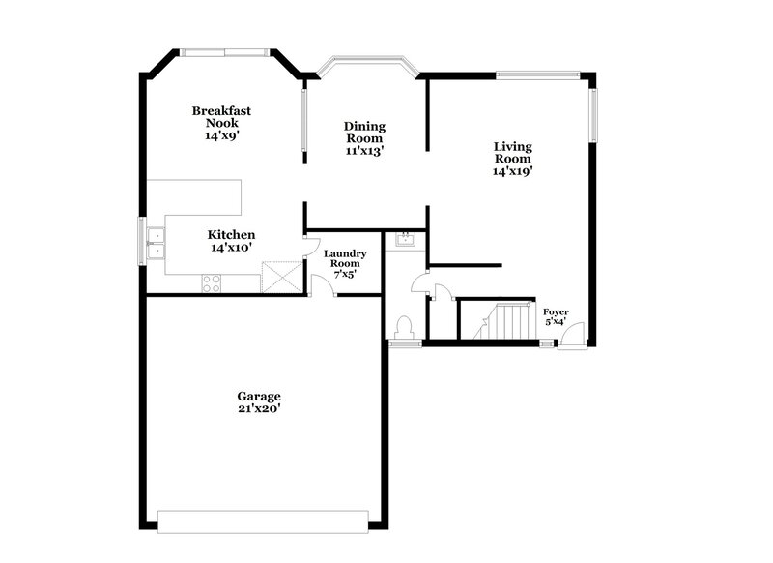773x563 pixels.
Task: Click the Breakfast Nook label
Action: tap(220, 117)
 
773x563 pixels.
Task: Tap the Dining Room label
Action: tap(364, 133)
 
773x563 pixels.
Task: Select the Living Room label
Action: tap(513, 153)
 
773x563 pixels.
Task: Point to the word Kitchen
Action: tap(232, 235)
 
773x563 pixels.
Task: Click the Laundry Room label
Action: tap(344, 259)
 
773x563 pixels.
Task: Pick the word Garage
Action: tap(259, 397)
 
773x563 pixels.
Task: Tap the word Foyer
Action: tap(556, 311)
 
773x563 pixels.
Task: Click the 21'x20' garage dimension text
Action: tap(259, 410)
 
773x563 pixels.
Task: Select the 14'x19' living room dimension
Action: tap(513, 171)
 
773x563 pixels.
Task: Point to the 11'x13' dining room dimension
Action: tap(364, 151)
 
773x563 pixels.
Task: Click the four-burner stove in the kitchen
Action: tap(211, 283)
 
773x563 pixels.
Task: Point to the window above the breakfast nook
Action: tap(225, 52)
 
